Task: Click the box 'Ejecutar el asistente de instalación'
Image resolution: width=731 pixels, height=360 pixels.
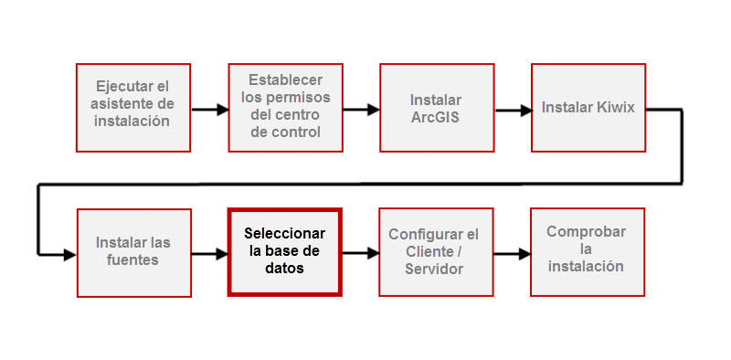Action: pos(132,107)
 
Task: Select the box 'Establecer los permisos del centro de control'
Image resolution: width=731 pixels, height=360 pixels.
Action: pos(285,107)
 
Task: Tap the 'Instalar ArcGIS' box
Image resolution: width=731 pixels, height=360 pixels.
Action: pos(436,107)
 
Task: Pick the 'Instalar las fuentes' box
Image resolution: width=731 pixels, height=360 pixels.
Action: pos(133,252)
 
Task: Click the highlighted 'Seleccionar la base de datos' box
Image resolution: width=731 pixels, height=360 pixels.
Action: pos(284,252)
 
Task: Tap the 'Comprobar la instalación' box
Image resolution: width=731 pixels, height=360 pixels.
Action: pos(588,251)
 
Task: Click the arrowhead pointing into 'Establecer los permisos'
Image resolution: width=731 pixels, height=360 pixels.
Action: pos(222,110)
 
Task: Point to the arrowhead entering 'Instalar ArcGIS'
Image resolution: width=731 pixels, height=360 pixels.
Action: pos(374,110)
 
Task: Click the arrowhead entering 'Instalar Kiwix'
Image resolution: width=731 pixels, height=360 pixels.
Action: pos(525,111)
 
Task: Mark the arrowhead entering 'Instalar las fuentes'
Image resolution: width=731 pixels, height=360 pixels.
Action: pos(69,255)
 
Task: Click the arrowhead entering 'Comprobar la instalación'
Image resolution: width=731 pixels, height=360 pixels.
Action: pos(524,254)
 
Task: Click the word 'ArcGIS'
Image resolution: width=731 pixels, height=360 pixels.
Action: pos(436,117)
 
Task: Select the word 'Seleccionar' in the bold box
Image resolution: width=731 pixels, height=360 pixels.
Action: pos(284,234)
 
